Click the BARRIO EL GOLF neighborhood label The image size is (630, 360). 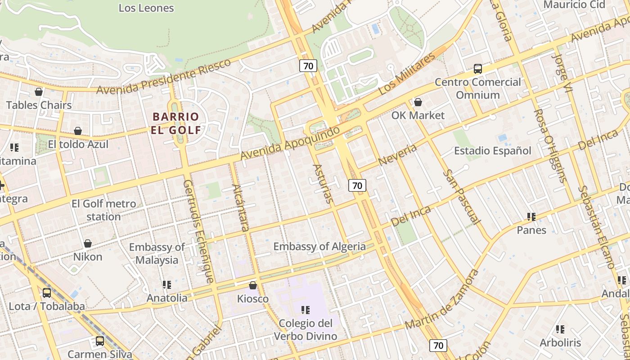pyautogui.click(x=176, y=123)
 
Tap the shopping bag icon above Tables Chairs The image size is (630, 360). pyautogui.click(x=39, y=92)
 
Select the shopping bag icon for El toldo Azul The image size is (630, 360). pyautogui.click(x=78, y=131)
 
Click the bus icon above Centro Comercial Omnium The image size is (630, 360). pyautogui.click(x=478, y=69)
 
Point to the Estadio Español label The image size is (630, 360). pyautogui.click(x=492, y=151)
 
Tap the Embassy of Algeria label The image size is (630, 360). pyautogui.click(x=319, y=247)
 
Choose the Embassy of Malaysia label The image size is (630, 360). pyautogui.click(x=157, y=254)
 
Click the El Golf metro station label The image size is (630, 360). pyautogui.click(x=103, y=210)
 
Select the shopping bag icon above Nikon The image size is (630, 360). pyautogui.click(x=88, y=243)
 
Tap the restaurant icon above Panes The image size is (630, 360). pyautogui.click(x=531, y=217)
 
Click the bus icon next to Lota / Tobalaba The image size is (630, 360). pyautogui.click(x=47, y=293)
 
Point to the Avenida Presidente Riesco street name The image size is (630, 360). pyautogui.click(x=164, y=76)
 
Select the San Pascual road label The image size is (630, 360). pyautogui.click(x=461, y=197)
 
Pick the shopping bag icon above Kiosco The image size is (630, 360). pyautogui.click(x=253, y=285)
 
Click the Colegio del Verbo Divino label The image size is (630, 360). pyautogui.click(x=305, y=329)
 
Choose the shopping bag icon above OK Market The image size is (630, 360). pyautogui.click(x=418, y=102)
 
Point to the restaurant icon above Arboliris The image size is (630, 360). pyautogui.click(x=560, y=329)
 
